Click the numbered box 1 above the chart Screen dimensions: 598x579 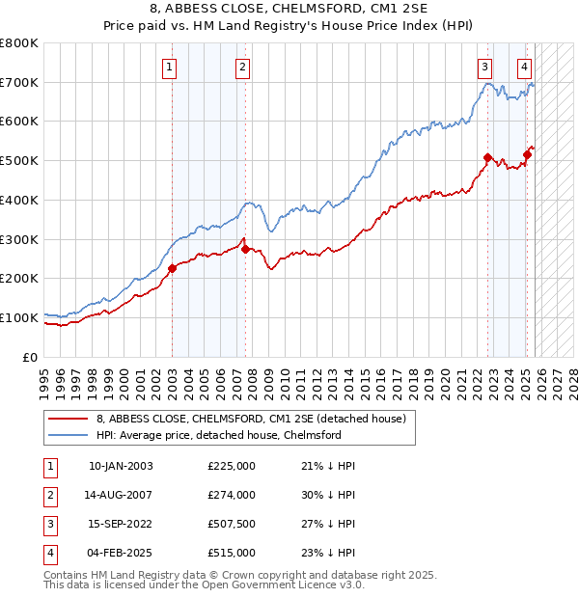pos(170,67)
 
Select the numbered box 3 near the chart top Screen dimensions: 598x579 pos(483,67)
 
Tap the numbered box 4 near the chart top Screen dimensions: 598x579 pos(524,67)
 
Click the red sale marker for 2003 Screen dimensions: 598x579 pos(172,268)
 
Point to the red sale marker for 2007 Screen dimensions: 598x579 pos(245,249)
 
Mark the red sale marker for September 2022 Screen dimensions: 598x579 pos(487,157)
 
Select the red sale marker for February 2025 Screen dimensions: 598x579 pos(527,154)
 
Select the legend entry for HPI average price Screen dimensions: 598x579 pos(219,435)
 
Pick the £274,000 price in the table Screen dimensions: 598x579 pos(232,495)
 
